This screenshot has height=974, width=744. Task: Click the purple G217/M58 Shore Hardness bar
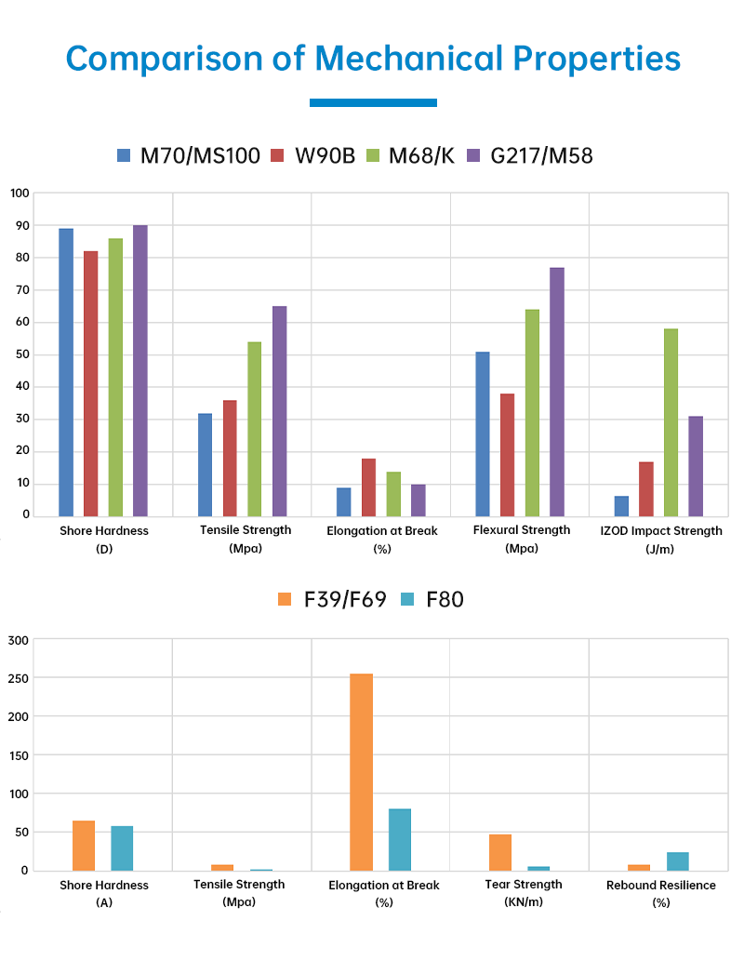click(139, 370)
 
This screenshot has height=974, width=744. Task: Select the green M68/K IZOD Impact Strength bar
click(671, 422)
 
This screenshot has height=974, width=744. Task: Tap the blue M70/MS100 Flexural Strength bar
click(482, 434)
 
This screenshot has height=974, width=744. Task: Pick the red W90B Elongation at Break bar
click(368, 487)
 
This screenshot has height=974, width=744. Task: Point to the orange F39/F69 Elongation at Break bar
click(361, 772)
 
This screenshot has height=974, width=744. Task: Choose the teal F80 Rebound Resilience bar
click(677, 861)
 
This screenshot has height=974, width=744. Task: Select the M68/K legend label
click(421, 155)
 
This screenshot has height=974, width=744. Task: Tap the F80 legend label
click(445, 599)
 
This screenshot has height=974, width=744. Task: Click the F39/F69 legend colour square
click(286, 599)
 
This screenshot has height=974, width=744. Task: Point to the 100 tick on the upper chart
click(20, 193)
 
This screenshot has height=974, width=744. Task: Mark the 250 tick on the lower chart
click(20, 678)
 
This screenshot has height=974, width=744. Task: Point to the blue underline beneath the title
click(373, 102)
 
